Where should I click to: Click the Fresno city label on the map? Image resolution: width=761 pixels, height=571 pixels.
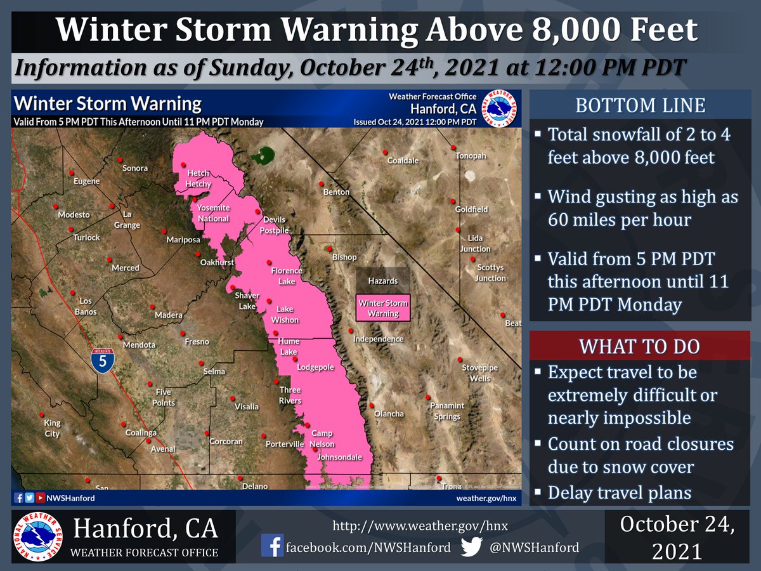click(197, 342)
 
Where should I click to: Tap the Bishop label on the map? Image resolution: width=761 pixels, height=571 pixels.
click(344, 257)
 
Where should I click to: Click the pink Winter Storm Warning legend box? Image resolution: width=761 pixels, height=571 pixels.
click(383, 308)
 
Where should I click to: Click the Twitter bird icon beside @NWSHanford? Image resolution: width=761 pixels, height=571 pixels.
click(471, 546)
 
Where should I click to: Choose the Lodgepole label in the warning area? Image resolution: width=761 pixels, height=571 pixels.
click(316, 367)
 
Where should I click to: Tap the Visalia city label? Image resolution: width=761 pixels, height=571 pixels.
click(247, 406)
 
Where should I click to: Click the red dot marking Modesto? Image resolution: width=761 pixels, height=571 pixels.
click(56, 206)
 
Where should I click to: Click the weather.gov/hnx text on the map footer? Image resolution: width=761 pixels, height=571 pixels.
click(486, 498)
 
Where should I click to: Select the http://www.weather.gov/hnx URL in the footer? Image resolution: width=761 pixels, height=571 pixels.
click(420, 526)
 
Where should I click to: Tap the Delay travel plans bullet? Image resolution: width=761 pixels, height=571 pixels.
click(619, 493)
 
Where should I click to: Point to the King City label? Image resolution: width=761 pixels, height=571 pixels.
click(52, 428)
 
